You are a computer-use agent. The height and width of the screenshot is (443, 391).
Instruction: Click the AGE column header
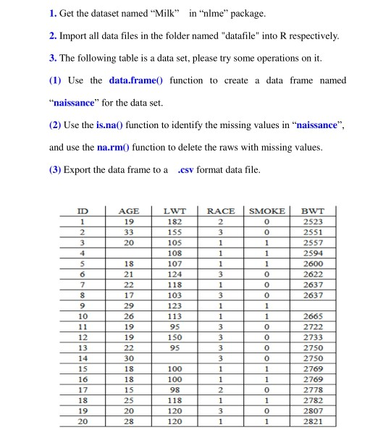[127, 211]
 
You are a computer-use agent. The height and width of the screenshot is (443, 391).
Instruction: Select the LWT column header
[175, 211]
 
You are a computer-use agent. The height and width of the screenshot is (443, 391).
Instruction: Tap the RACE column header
[221, 211]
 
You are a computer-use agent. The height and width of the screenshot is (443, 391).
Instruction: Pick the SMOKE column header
[267, 211]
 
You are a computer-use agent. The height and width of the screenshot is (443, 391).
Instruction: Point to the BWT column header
[313, 211]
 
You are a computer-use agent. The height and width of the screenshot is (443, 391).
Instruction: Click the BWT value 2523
[313, 221]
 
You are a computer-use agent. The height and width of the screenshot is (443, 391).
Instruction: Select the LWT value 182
[175, 221]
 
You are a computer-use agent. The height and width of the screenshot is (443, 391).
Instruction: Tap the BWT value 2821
[313, 421]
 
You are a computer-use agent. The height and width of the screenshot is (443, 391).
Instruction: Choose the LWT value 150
[175, 337]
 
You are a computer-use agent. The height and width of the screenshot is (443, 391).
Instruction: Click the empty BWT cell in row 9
[313, 306]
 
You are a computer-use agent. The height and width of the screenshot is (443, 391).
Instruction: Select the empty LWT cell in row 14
[175, 358]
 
